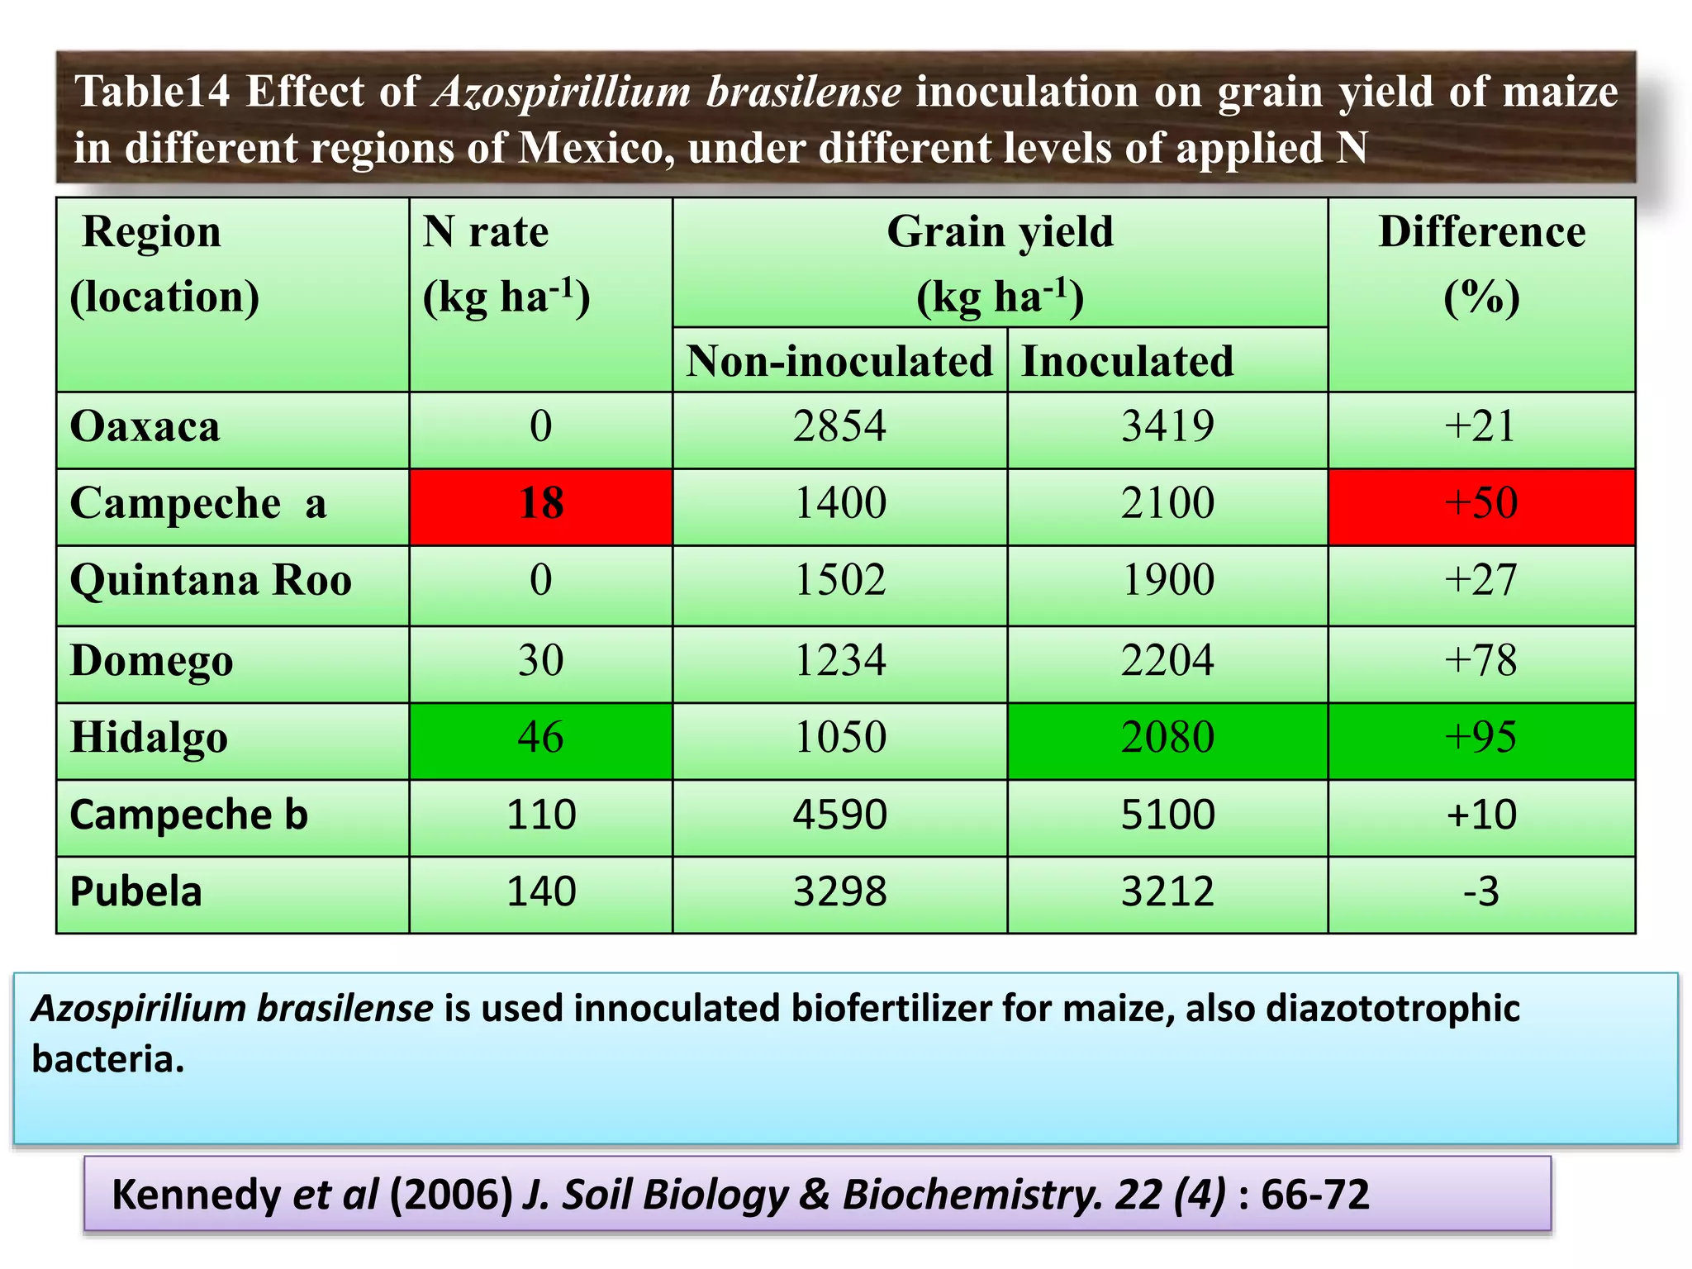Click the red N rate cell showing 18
tap(541, 503)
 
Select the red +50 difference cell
tap(1481, 503)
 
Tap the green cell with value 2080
tap(1167, 737)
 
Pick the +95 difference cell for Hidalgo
tap(1481, 737)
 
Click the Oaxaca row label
tap(145, 427)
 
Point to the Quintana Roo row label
tap(211, 580)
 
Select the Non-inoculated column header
tap(839, 362)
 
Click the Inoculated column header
tap(1127, 362)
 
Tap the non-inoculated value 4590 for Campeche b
tap(839, 815)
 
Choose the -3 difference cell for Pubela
tap(1481, 892)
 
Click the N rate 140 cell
tap(541, 892)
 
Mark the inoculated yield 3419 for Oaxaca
tap(1167, 427)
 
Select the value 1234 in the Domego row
tap(839, 661)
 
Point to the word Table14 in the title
tap(152, 92)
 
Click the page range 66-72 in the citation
tap(1315, 1195)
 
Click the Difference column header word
tap(1481, 232)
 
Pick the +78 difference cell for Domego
tap(1481, 661)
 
